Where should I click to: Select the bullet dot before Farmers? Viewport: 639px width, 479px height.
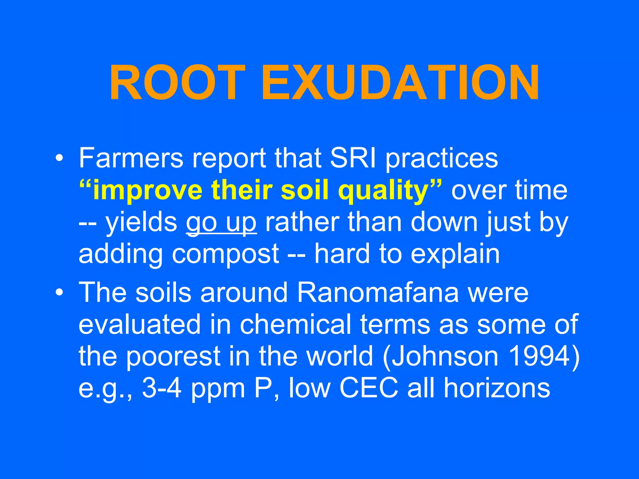[59, 158]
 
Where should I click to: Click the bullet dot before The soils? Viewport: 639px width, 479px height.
[59, 293]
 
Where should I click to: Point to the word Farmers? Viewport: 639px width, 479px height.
[131, 158]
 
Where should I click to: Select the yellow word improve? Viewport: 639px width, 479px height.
[148, 191]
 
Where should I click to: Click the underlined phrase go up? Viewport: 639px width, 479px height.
[221, 223]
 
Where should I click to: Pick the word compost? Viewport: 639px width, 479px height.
[225, 254]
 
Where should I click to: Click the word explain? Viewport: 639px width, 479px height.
[455, 254]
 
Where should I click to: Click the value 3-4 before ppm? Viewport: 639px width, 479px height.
[162, 388]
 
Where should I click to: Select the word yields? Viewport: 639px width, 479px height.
[141, 223]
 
